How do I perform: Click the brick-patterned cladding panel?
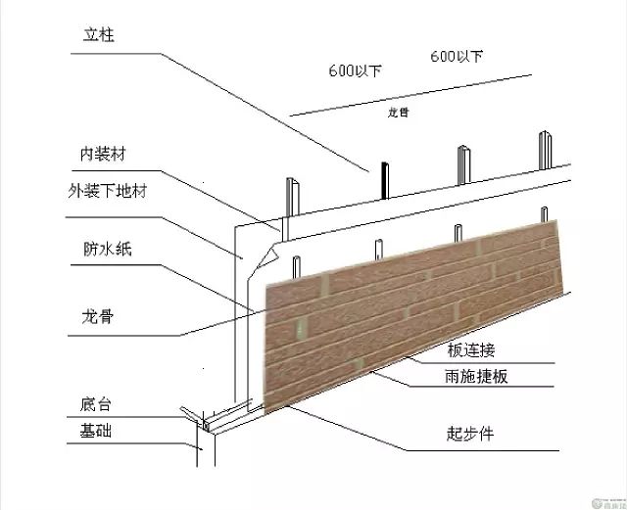click(411, 303)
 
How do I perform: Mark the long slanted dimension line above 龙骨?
click(411, 94)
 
